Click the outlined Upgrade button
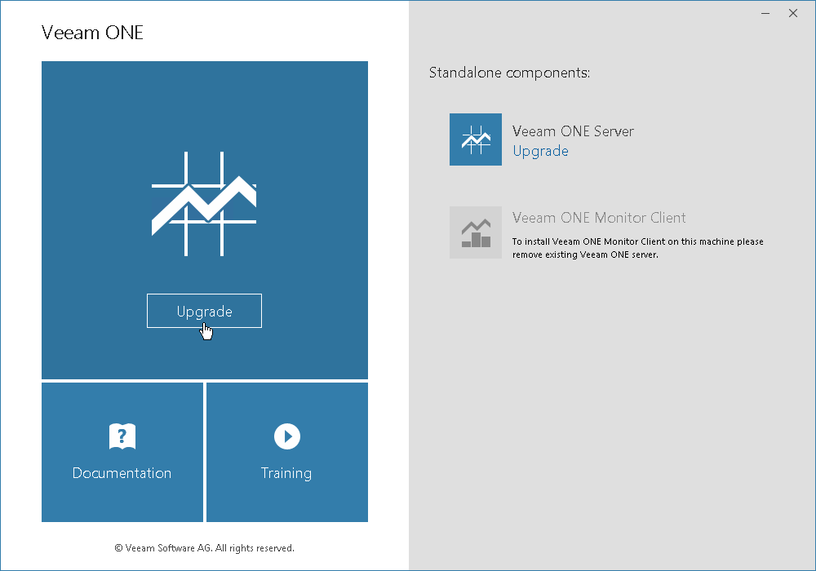coord(204,311)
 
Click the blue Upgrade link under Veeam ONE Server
coord(540,152)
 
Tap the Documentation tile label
coord(122,473)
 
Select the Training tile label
coord(286,473)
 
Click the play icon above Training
coord(287,436)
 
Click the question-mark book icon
coord(122,436)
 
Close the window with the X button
coord(792,14)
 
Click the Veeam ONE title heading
coord(92,33)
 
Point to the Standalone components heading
coord(509,73)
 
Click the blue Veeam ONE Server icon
coord(476,139)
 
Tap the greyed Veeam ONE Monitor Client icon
coord(476,232)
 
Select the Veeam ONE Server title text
coord(573,131)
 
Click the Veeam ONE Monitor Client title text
coord(599,217)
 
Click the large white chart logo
coord(204,204)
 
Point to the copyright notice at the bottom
coord(205,548)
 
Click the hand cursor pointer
coord(206,331)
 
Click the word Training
coord(286,473)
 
